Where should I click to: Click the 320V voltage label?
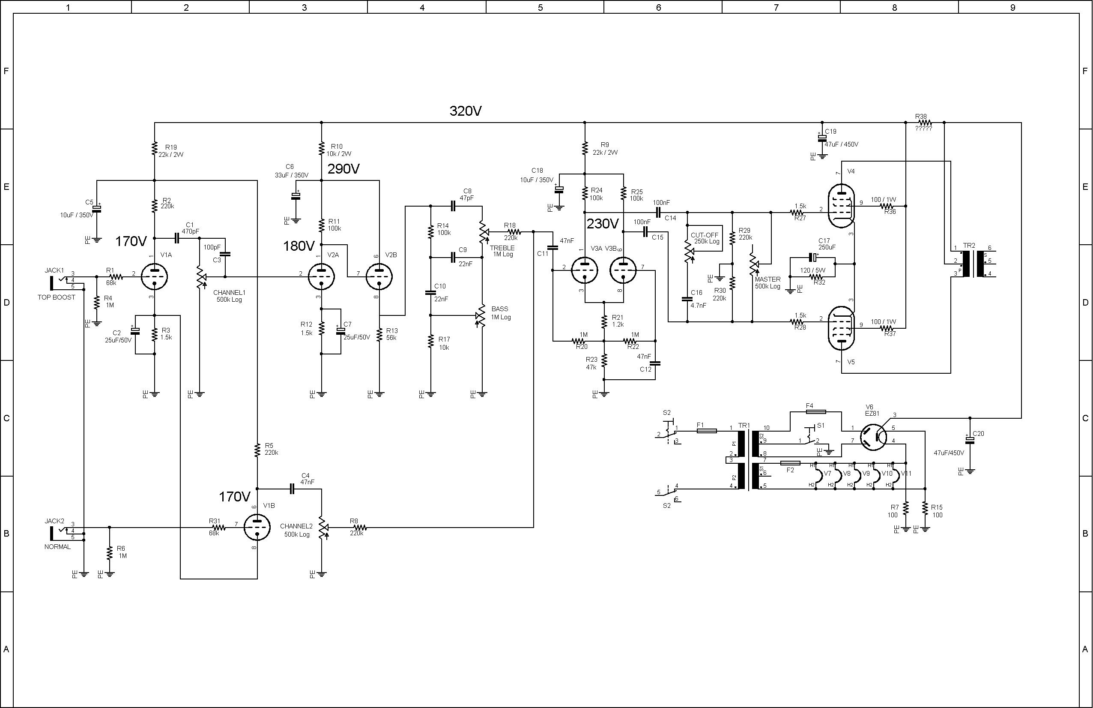[465, 111]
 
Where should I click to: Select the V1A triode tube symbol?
[154, 276]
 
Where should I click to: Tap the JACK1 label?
[55, 270]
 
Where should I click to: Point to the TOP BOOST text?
[57, 297]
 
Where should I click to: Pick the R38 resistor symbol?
[924, 123]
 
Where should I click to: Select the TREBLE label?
[502, 248]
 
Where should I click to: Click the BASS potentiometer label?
[500, 309]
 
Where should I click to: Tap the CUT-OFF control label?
[705, 235]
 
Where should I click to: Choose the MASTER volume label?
[767, 279]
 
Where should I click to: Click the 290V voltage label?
[343, 169]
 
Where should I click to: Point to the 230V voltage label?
[603, 224]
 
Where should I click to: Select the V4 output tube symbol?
[841, 206]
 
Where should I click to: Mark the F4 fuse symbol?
[815, 412]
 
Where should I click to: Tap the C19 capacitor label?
[831, 132]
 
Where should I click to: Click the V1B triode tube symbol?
[257, 528]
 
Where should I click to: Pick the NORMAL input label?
[57, 547]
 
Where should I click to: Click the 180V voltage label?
[299, 246]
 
